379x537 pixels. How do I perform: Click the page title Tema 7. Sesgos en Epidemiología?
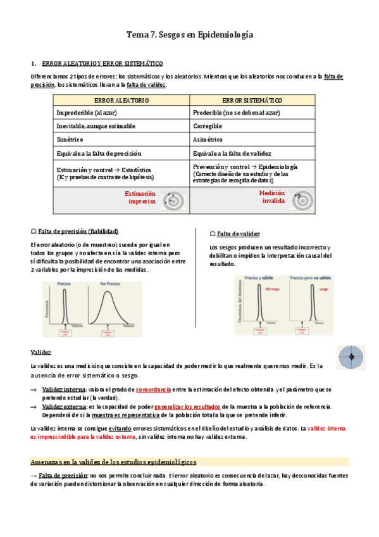click(190, 35)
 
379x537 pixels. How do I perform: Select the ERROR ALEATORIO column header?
click(121, 100)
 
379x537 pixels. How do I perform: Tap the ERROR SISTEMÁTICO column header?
click(252, 100)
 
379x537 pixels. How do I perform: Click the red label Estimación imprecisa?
click(140, 197)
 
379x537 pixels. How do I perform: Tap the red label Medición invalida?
click(271, 197)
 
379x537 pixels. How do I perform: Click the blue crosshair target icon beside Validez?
click(350, 358)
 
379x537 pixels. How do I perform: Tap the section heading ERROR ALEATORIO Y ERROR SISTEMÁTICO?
click(102, 63)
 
